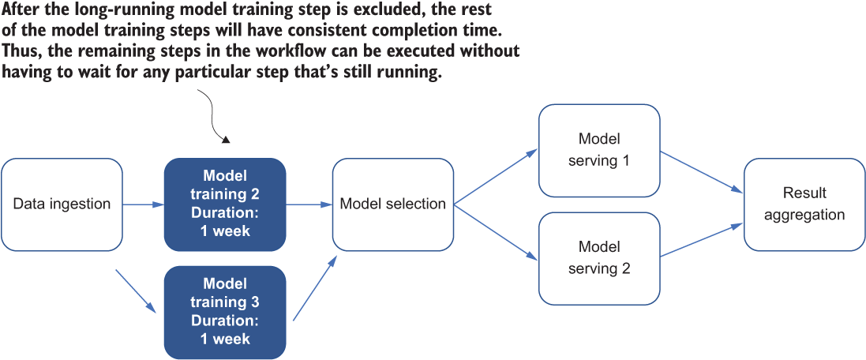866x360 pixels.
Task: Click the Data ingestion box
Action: [x=62, y=204]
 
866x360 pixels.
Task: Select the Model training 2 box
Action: [x=225, y=204]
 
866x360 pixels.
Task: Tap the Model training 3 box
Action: [x=225, y=312]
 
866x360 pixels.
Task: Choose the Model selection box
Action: [x=392, y=204]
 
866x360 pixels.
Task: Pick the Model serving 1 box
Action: [x=599, y=150]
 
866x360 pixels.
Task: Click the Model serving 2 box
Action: [x=599, y=258]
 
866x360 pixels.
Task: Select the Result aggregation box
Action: [x=804, y=204]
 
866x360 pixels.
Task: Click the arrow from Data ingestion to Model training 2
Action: [x=143, y=204]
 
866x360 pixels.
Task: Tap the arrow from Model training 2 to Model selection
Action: [x=309, y=204]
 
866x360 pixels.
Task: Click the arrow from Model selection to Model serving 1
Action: [x=496, y=176]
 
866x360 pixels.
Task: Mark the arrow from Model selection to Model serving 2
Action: [x=496, y=232]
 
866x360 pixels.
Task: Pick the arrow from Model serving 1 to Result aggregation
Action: [x=702, y=172]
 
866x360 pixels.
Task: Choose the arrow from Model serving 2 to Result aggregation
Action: [x=702, y=239]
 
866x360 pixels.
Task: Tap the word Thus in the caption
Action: [x=21, y=51]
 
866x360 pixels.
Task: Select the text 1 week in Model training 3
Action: [x=225, y=339]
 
